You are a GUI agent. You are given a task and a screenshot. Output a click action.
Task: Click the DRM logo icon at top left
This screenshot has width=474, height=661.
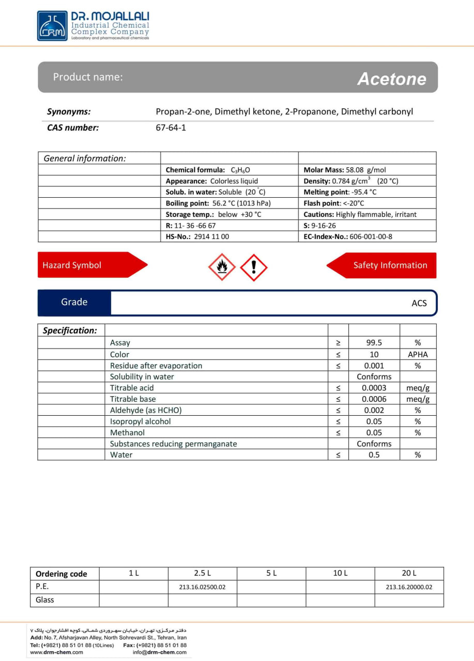point(52,26)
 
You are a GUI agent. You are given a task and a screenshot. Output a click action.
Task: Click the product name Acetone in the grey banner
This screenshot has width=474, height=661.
point(391,79)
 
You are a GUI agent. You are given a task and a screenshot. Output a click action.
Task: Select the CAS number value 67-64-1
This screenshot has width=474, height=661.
point(171,128)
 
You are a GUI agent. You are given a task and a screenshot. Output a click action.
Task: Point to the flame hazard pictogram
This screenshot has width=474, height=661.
point(222,267)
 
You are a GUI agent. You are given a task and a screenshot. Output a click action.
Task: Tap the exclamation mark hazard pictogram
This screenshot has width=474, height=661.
point(254,267)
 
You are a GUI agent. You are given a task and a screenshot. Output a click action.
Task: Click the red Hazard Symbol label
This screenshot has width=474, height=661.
point(72,265)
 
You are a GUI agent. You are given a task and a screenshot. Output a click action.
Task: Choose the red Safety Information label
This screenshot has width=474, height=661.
point(390,265)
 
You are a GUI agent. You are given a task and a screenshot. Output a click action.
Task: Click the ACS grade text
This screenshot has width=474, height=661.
point(419,303)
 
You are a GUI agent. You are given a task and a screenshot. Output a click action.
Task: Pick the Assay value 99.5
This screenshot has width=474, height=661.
point(374,342)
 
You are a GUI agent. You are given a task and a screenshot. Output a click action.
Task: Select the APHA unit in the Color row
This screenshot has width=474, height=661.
point(418,354)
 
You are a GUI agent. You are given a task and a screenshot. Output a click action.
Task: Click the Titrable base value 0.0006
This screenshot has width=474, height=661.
point(374,399)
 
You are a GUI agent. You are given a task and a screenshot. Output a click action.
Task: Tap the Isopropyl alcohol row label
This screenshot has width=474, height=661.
point(140,421)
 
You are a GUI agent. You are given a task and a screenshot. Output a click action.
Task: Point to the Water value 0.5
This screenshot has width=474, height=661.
point(374,455)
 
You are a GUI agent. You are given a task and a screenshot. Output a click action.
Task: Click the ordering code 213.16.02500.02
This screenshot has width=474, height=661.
point(202,587)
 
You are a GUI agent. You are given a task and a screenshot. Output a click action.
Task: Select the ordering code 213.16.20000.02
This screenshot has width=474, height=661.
point(408,587)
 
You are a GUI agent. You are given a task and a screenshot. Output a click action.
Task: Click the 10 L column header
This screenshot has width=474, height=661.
point(340,573)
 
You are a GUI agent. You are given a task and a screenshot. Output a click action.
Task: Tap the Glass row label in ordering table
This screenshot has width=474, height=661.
point(45,600)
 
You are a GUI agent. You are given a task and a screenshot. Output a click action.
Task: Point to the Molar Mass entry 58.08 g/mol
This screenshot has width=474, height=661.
point(345,170)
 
